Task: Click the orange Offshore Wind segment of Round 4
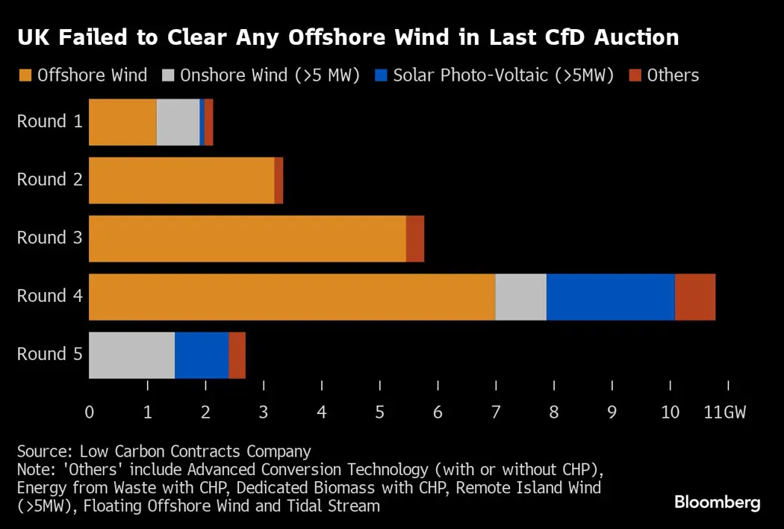pos(292,297)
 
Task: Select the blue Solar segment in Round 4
pos(610,297)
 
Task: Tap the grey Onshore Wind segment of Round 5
pos(131,355)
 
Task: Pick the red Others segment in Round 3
pos(415,238)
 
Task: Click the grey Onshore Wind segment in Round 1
pos(178,122)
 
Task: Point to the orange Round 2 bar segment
pos(181,180)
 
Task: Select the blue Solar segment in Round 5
pos(202,355)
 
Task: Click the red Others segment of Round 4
pos(695,297)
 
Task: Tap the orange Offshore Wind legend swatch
pos(25,75)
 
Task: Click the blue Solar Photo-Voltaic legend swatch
pos(382,75)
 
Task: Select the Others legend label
pos(673,75)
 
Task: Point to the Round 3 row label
pos(49,238)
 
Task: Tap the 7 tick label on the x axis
pos(496,412)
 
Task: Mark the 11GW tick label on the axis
pos(724,412)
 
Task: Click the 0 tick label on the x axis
pos(90,412)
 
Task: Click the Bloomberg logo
pos(717,502)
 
